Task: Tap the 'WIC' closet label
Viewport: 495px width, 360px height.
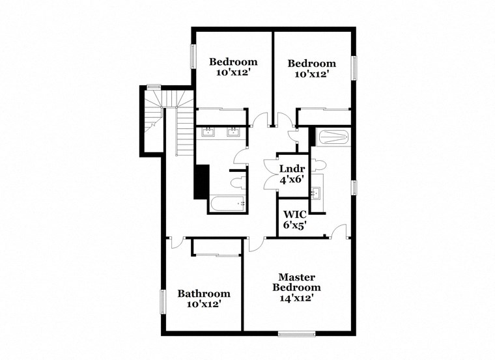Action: click(293, 214)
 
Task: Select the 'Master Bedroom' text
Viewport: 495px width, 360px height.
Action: click(296, 282)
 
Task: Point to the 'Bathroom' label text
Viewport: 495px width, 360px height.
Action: click(204, 294)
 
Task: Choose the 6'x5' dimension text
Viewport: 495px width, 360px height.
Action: click(293, 225)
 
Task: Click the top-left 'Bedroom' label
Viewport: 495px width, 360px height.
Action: click(233, 62)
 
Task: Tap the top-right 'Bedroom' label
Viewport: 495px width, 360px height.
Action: click(312, 63)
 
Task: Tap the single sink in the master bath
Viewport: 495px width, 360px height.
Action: click(317, 193)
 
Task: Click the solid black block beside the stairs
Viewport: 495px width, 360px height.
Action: click(201, 182)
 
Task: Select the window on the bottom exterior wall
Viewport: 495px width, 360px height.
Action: click(296, 335)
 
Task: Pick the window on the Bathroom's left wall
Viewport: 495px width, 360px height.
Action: click(163, 303)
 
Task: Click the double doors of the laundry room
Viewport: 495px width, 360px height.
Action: click(271, 176)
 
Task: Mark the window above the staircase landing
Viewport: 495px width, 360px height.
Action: click(154, 87)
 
